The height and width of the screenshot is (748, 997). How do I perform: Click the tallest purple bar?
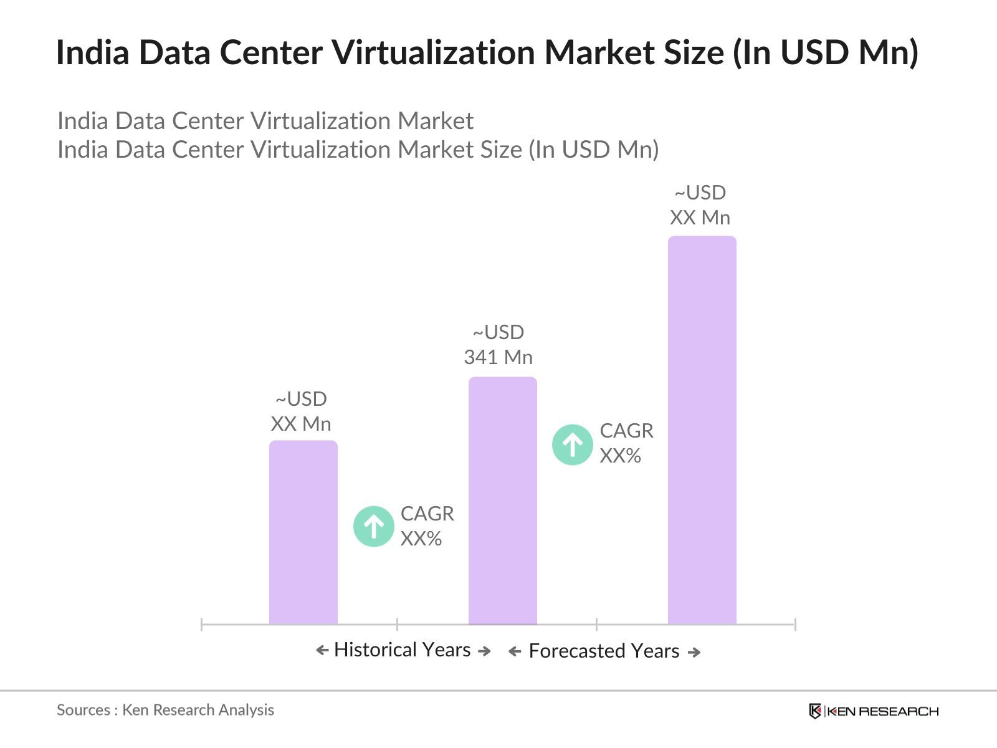point(702,430)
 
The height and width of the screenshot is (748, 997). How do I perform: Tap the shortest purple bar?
point(303,532)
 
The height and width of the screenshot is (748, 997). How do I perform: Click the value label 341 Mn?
point(498,357)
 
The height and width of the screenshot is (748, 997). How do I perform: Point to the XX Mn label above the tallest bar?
point(700,218)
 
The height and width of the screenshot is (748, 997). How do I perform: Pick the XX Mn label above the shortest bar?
point(301,424)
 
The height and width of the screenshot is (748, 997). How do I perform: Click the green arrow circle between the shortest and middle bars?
point(374,526)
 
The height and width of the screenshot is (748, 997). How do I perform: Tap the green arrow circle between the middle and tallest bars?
point(573,444)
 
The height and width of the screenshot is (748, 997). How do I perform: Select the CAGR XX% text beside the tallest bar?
point(626,443)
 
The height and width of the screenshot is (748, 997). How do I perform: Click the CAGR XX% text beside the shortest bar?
point(427,526)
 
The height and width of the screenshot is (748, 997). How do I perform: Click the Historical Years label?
point(402,650)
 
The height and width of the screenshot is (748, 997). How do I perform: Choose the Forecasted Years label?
point(603,651)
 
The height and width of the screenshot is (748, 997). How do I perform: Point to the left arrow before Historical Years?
point(322,651)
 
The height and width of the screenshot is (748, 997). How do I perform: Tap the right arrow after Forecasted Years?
point(694,652)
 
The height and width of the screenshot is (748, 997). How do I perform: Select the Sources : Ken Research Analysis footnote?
point(165,710)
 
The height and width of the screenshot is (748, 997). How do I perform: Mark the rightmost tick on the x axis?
point(795,624)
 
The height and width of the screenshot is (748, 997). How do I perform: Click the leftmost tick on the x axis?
point(202,624)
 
